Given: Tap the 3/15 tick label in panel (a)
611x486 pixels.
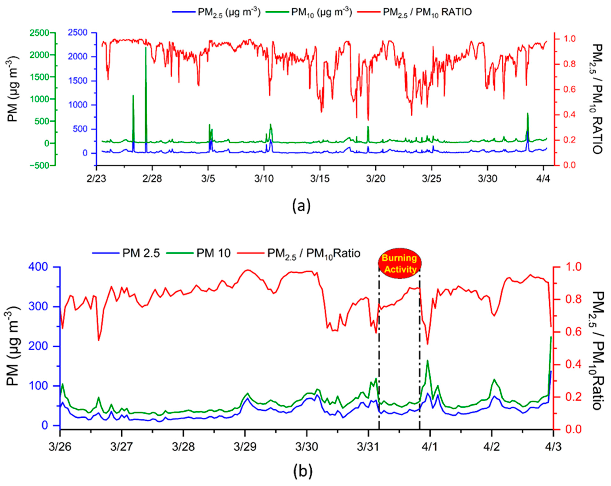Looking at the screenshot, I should coord(320,179).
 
